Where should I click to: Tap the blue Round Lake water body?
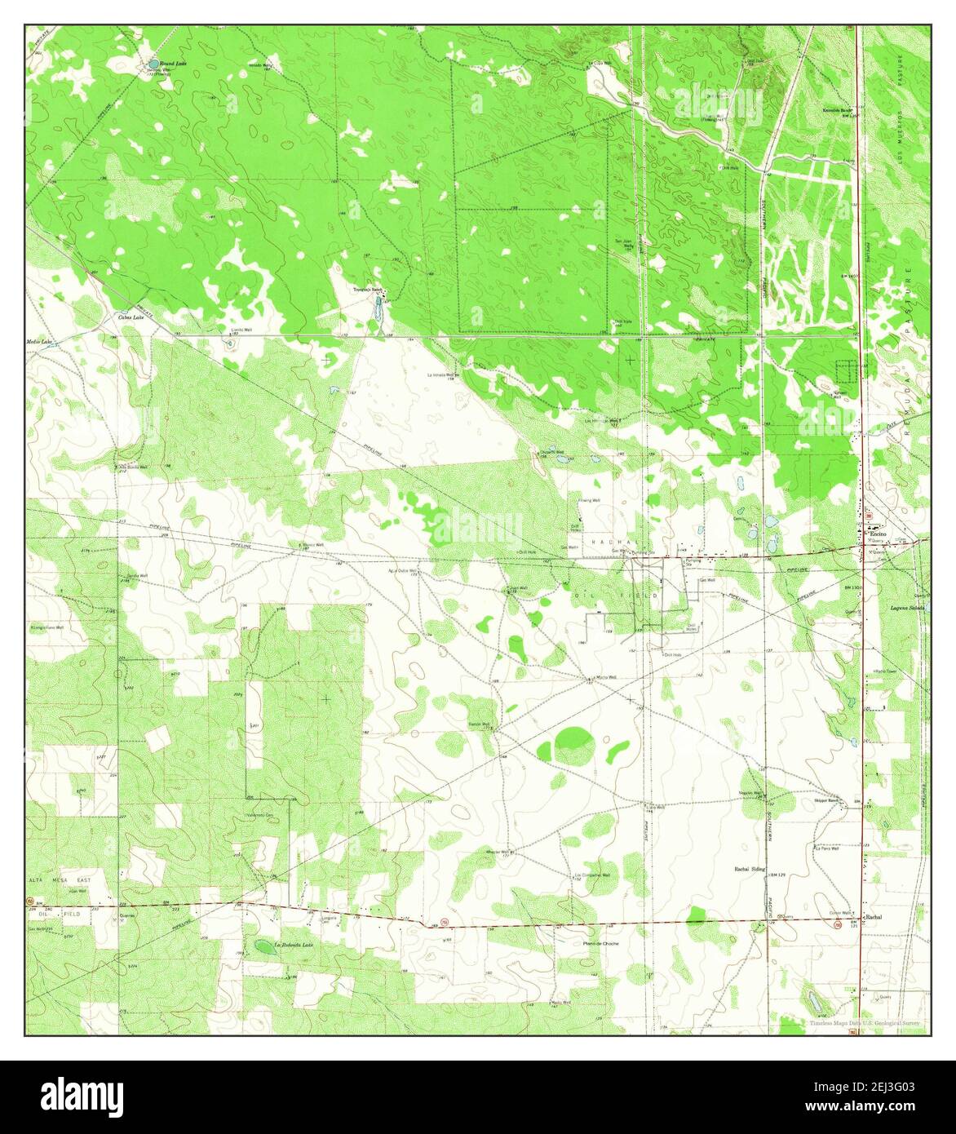point(153,63)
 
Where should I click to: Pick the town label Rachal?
point(874,916)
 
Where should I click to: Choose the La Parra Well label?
point(826,848)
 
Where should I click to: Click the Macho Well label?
point(604,677)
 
